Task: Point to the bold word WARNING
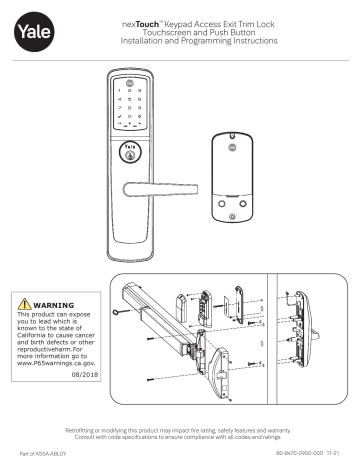(53, 307)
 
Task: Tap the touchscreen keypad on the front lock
(132, 109)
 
